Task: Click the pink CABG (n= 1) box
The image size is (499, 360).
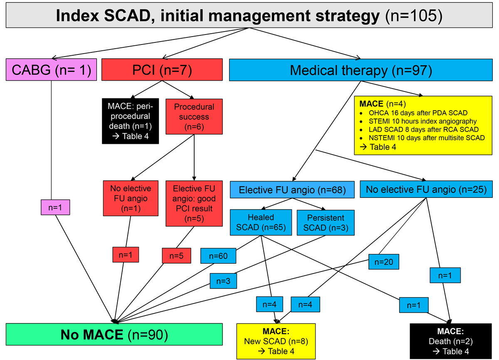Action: (51, 70)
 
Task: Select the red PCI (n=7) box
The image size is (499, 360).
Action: (162, 70)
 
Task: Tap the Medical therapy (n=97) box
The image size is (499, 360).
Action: (361, 70)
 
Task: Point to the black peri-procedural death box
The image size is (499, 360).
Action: (130, 121)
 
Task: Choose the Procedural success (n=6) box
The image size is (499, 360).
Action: (194, 117)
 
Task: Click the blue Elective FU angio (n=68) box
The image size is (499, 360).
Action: (292, 190)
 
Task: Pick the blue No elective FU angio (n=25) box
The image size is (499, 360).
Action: (426, 189)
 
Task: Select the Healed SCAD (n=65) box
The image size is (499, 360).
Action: (261, 222)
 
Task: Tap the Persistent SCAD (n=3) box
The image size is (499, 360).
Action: (326, 223)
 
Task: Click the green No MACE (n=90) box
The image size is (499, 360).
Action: (114, 334)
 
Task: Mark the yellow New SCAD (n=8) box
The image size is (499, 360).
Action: (276, 341)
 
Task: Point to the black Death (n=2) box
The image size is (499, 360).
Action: (451, 341)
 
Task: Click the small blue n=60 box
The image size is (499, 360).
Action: (218, 256)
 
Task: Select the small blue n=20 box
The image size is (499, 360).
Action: (383, 262)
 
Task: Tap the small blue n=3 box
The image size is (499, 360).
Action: (223, 281)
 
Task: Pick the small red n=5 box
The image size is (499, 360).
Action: (176, 256)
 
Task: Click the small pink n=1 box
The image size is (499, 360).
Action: (55, 207)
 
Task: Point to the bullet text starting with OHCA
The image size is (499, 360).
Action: (418, 113)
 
